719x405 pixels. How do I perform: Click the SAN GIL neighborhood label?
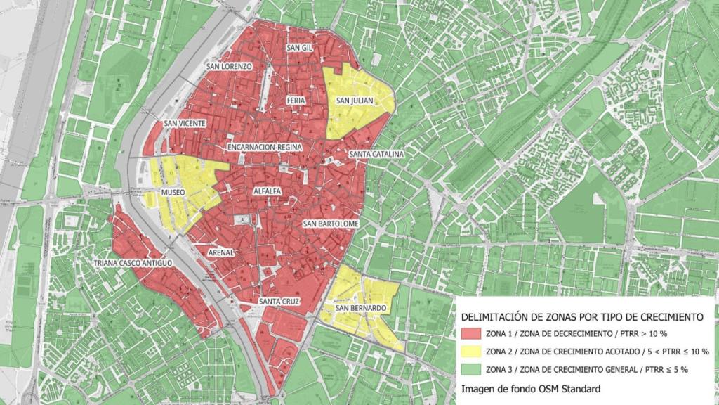point(298,48)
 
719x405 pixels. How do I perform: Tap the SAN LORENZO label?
point(228,66)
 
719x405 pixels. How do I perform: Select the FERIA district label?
point(296,101)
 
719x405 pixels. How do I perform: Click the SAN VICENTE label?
point(185,124)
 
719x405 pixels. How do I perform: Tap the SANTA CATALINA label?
point(376,154)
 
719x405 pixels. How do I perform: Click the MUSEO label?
point(173,191)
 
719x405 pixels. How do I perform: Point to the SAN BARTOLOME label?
point(331,224)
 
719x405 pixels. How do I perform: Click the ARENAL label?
point(220,252)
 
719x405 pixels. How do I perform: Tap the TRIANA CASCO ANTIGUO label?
point(133,263)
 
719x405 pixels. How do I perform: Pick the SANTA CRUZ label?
point(279,302)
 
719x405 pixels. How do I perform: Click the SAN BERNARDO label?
point(361,308)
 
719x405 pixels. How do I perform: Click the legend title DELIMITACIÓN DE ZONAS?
point(582,318)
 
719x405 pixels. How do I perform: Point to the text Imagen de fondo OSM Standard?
point(530,388)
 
